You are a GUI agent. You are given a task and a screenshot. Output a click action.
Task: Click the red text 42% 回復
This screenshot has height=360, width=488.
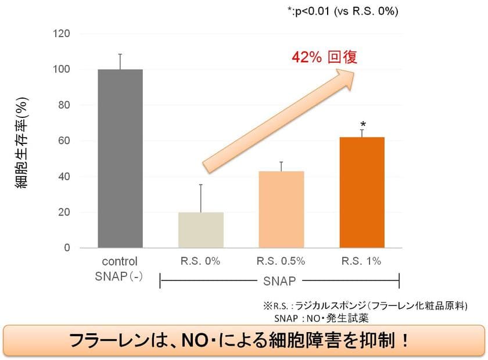coord(324,57)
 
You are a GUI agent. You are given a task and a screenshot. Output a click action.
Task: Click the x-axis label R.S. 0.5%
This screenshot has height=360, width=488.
coord(281,261)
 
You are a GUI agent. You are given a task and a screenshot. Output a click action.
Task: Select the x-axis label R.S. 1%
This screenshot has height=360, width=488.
coord(361,261)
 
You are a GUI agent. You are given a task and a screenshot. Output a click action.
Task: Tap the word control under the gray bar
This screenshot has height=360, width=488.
coord(119,261)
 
